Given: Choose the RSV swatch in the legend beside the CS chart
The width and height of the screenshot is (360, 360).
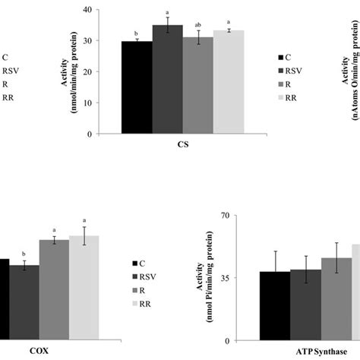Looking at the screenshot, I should pos(281,71).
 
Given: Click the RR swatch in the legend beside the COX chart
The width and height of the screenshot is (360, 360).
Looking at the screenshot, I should pos(136,304).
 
